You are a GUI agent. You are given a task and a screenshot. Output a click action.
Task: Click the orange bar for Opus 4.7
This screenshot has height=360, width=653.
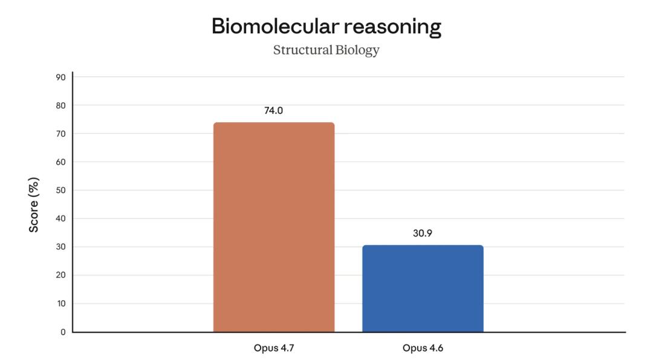click(x=274, y=227)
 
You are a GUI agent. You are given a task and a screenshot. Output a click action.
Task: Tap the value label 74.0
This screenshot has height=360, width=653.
click(x=274, y=111)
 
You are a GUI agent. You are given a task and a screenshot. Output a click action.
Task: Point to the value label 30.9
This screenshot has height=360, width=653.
click(x=423, y=233)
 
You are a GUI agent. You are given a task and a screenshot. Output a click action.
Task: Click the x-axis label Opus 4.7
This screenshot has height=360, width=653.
click(x=274, y=349)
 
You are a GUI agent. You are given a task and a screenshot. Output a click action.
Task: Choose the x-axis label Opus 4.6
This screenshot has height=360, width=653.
click(x=423, y=349)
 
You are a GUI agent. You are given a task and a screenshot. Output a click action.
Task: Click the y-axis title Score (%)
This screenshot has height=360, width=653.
click(x=34, y=205)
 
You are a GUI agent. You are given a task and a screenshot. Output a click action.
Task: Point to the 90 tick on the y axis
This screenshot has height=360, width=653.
click(x=61, y=77)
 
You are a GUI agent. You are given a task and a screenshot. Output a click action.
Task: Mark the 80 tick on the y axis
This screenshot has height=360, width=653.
click(x=61, y=105)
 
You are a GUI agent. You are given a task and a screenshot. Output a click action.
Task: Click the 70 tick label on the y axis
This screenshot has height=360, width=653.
click(x=61, y=134)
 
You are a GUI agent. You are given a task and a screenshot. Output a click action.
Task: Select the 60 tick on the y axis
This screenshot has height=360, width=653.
click(x=61, y=162)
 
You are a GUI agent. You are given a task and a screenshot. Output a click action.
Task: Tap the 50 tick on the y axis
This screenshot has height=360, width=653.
click(x=61, y=191)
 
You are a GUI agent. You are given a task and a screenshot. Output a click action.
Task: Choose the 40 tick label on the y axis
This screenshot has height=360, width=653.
click(x=61, y=218)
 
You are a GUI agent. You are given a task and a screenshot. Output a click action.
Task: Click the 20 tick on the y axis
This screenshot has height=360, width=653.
click(x=61, y=275)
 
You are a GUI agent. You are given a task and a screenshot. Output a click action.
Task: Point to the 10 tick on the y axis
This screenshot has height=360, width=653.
click(x=61, y=304)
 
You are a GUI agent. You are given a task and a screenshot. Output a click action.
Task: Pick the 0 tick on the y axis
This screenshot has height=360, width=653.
click(x=63, y=332)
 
